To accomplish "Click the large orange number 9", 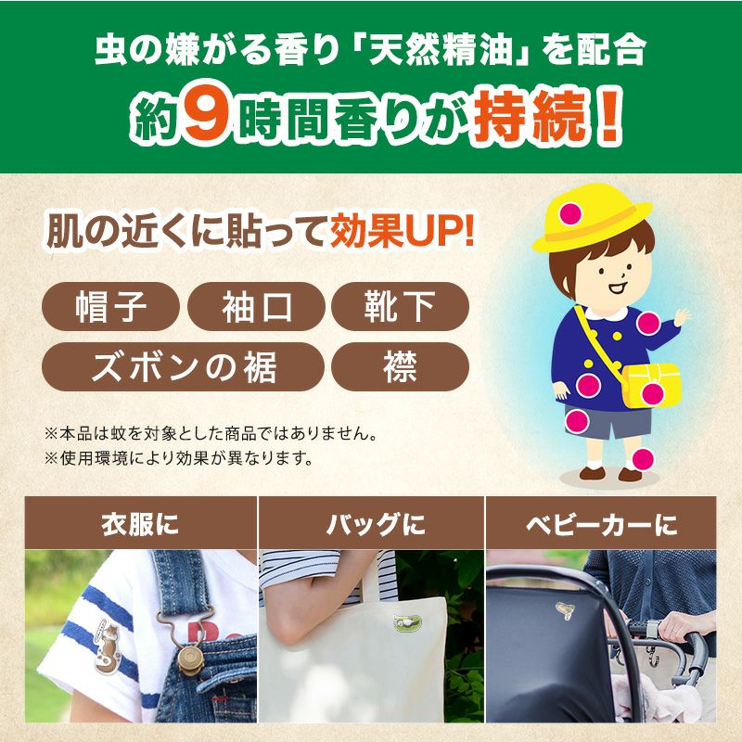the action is pos(207,115).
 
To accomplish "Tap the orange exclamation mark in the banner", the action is pos(608,116).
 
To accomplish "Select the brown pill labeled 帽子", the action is pos(110,306).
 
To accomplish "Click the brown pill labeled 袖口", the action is pos(256,306).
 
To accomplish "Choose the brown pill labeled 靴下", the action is pos(400,306).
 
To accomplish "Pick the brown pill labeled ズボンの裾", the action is pos(183,366).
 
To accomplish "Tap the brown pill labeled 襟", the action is pos(400,366).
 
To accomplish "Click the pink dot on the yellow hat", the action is pos(570,213).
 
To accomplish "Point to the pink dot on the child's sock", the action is pos(643,459).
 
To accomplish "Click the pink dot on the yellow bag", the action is pos(653,393).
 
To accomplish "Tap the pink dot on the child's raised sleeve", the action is pos(647,324).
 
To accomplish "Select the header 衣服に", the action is pos(140,524).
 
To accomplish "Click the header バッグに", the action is pos(376,524).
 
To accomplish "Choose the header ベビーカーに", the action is pos(601,524).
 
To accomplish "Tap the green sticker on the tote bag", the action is pos(407,622).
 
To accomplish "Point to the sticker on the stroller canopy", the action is pos(565,610).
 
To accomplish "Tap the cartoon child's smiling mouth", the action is pos(618,288).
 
